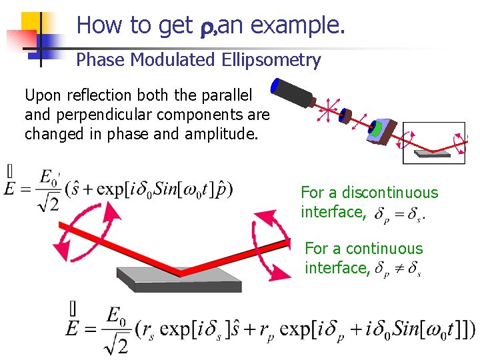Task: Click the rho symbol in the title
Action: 206,27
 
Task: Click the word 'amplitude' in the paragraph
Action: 225,133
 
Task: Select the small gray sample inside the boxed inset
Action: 432,154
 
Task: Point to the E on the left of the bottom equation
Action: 74,329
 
